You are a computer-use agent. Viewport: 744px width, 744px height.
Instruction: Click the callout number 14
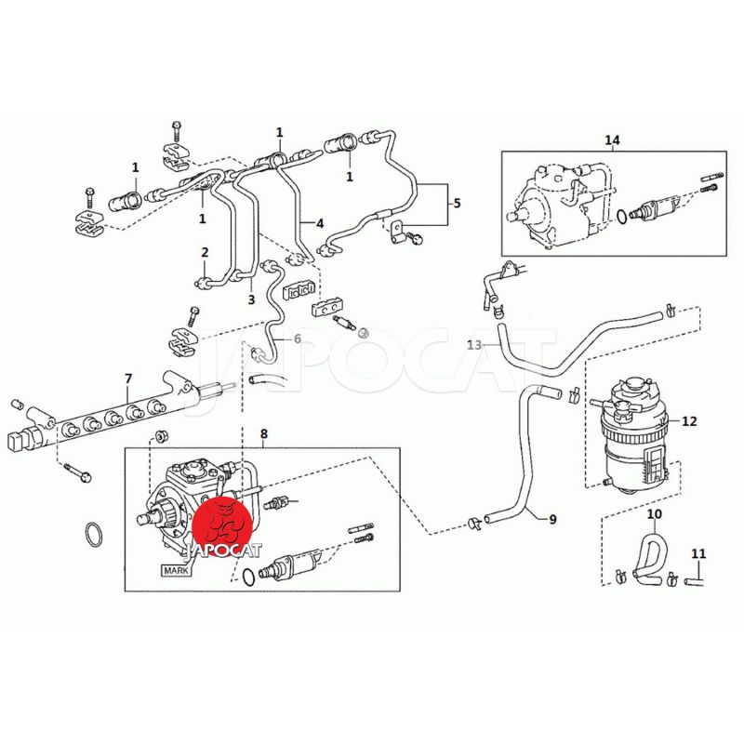point(612,140)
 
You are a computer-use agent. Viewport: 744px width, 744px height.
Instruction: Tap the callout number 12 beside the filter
point(689,421)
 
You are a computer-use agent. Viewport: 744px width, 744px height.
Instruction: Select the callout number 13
point(474,345)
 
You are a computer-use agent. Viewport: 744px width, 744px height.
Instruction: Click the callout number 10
point(654,513)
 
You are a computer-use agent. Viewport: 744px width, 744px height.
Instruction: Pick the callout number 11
point(698,554)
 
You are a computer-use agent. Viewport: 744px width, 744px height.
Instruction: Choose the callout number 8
point(263,434)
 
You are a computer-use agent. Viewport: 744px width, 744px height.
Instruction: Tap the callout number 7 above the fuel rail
point(128,378)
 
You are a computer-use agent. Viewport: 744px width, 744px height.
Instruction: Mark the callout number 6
point(298,339)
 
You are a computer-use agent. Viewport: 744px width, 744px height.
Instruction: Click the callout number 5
point(457,203)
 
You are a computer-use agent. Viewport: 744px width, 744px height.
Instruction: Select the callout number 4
point(320,223)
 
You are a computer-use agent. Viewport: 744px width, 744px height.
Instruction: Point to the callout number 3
point(250,299)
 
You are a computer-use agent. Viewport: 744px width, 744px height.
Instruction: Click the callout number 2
point(206,252)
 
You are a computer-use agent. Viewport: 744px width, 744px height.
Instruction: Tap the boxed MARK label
point(176,572)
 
